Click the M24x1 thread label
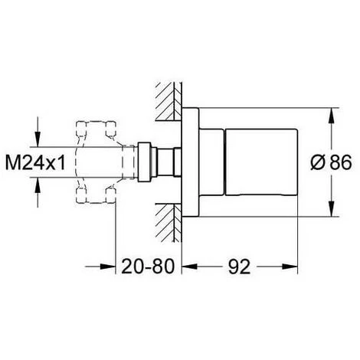pyautogui.click(x=35, y=162)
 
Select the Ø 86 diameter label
pyautogui.click(x=331, y=162)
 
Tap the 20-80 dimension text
pyautogui.click(x=148, y=267)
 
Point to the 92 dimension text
pyautogui.click(x=239, y=267)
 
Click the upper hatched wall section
pyautogui.click(x=169, y=101)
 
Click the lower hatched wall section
pyautogui.click(x=169, y=223)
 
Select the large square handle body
pyautogui.click(x=261, y=162)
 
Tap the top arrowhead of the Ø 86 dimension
pyautogui.click(x=331, y=116)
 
